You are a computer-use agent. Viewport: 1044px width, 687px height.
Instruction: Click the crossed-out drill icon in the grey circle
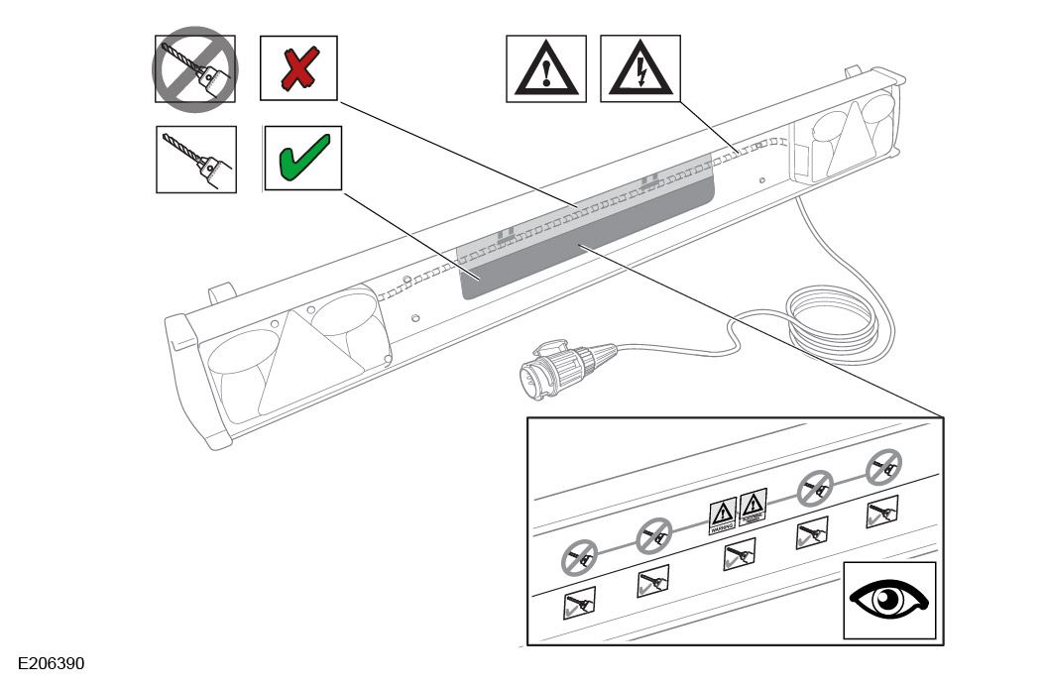coord(194,68)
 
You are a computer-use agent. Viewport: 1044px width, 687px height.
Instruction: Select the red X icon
coord(297,68)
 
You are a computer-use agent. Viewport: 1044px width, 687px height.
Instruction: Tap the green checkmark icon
coord(301,158)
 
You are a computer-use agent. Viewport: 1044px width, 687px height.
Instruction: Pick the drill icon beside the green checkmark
coord(196,159)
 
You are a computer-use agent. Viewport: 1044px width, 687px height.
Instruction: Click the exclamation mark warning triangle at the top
coord(545,68)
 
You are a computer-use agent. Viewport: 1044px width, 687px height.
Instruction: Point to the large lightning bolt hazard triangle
coord(639,68)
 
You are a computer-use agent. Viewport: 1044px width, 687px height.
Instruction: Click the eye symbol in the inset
coord(888,600)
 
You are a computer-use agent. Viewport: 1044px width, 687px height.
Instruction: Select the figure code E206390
coord(53,661)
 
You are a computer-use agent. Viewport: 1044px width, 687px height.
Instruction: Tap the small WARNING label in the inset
coord(722,516)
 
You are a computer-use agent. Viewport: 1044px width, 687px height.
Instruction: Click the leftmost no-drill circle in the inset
coord(578,559)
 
